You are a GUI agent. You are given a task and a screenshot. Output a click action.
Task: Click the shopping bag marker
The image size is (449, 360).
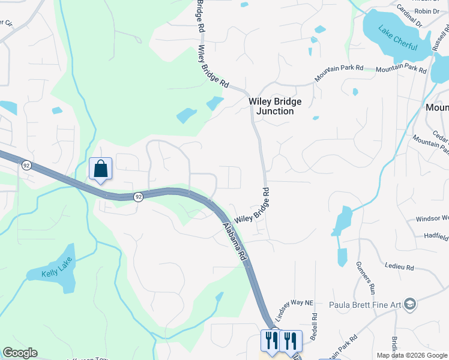100,169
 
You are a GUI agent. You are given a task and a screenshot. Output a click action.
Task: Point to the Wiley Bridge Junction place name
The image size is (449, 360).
275,106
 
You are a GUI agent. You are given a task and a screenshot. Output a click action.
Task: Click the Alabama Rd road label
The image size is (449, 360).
235,242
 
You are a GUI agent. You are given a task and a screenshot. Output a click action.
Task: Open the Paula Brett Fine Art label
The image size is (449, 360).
365,304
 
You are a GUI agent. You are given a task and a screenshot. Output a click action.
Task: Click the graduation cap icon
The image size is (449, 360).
410,304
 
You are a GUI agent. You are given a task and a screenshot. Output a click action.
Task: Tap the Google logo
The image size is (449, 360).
20,353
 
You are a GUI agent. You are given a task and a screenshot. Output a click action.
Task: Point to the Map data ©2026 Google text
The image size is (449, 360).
412,355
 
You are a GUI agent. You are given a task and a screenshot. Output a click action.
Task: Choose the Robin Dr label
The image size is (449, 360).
427,11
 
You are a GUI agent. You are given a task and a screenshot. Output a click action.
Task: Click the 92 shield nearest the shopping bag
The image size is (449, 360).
26,165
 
